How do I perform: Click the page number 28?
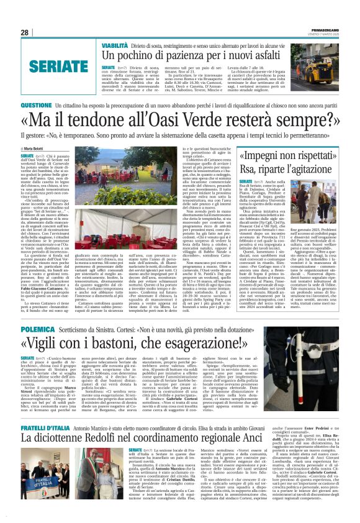coord(24,32)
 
